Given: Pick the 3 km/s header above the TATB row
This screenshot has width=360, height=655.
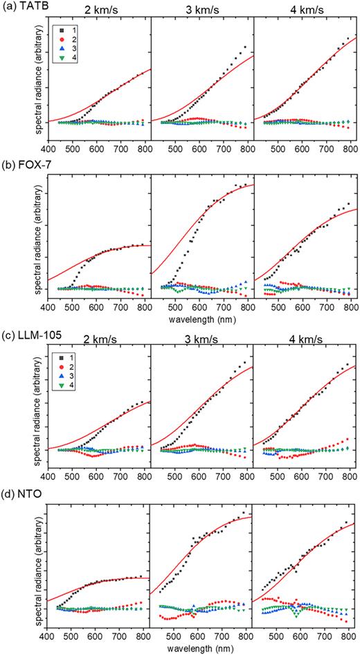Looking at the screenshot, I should tap(202, 12).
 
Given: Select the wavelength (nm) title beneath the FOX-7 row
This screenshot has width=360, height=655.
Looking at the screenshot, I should tap(202, 321).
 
